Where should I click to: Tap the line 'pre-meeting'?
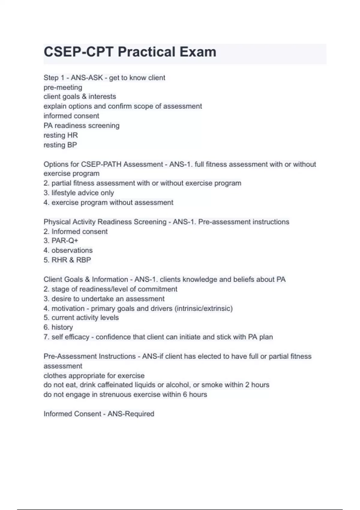coord(63,87)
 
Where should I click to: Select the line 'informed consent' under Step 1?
coord(71,116)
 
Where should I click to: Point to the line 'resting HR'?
coord(61,135)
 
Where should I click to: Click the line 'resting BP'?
coord(60,145)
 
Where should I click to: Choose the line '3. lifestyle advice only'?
coord(79,193)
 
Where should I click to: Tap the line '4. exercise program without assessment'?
coord(108,202)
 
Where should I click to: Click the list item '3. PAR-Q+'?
coord(61,241)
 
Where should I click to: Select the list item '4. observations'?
coord(68,250)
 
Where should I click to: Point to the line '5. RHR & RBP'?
coord(67,260)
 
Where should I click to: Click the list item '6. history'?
coord(58,327)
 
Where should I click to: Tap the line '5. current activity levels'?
coord(81,317)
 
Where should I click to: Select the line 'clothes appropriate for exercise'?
coord(94,376)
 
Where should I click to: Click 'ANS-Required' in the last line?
coord(131,414)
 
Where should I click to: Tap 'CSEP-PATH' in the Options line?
coord(101,164)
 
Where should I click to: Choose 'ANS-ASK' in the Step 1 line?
coord(87,78)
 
